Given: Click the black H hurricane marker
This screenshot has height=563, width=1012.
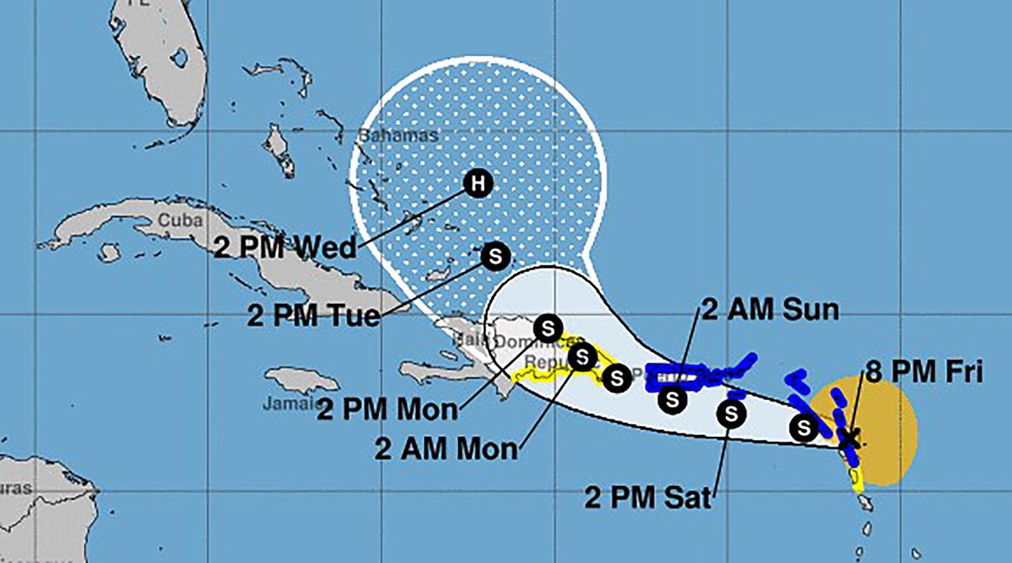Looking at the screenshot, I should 478,183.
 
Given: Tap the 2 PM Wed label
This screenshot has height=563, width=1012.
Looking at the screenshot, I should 285,247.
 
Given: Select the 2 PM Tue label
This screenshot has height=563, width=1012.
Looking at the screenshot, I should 313,315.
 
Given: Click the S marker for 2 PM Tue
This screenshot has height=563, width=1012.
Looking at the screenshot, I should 495,256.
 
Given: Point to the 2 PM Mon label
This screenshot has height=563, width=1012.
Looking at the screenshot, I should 387,409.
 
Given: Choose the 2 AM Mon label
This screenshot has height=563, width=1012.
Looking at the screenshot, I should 446,449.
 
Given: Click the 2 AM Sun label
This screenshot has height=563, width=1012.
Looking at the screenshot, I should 770,310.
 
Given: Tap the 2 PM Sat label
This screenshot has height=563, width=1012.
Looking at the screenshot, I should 647,497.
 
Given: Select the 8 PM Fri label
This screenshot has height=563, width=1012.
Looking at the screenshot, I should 924,372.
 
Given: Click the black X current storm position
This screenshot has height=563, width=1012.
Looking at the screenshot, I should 850,437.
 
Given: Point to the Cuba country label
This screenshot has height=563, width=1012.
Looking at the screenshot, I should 180,220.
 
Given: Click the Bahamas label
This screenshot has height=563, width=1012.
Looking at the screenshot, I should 400,135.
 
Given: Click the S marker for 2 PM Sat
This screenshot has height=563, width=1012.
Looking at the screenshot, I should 731,414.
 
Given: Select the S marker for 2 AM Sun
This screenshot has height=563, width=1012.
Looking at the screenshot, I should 672,399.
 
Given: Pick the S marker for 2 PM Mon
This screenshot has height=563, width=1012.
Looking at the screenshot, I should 548,328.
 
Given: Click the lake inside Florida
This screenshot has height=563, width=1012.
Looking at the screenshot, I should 180,58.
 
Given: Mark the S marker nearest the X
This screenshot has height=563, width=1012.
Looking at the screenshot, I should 803,428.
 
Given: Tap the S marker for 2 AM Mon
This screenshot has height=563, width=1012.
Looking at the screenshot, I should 582,357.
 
